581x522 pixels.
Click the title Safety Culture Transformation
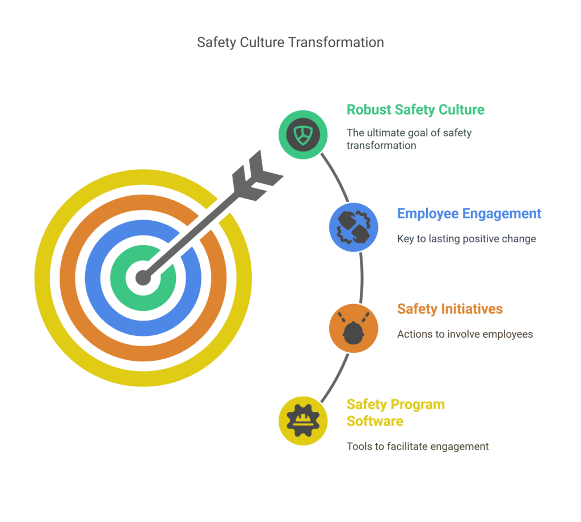pos(290,42)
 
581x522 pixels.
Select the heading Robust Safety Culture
pos(415,110)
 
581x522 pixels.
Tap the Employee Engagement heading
pos(469,214)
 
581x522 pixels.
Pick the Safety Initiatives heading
pos(450,309)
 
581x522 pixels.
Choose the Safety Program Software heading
pos(395,412)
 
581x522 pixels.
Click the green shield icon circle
pos(303,134)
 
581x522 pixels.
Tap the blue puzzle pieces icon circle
pos(353,227)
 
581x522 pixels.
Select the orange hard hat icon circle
pos(353,329)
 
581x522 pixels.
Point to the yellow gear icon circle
pos(303,421)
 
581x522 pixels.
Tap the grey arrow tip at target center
pos(143,278)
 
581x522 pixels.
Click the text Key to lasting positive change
pos(466,239)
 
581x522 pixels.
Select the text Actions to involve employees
pos(465,334)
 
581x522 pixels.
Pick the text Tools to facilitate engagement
pos(418,447)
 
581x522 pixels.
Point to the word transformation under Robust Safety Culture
pos(381,146)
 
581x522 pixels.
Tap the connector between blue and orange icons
pos(361,278)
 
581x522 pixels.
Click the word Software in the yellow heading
pos(375,421)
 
